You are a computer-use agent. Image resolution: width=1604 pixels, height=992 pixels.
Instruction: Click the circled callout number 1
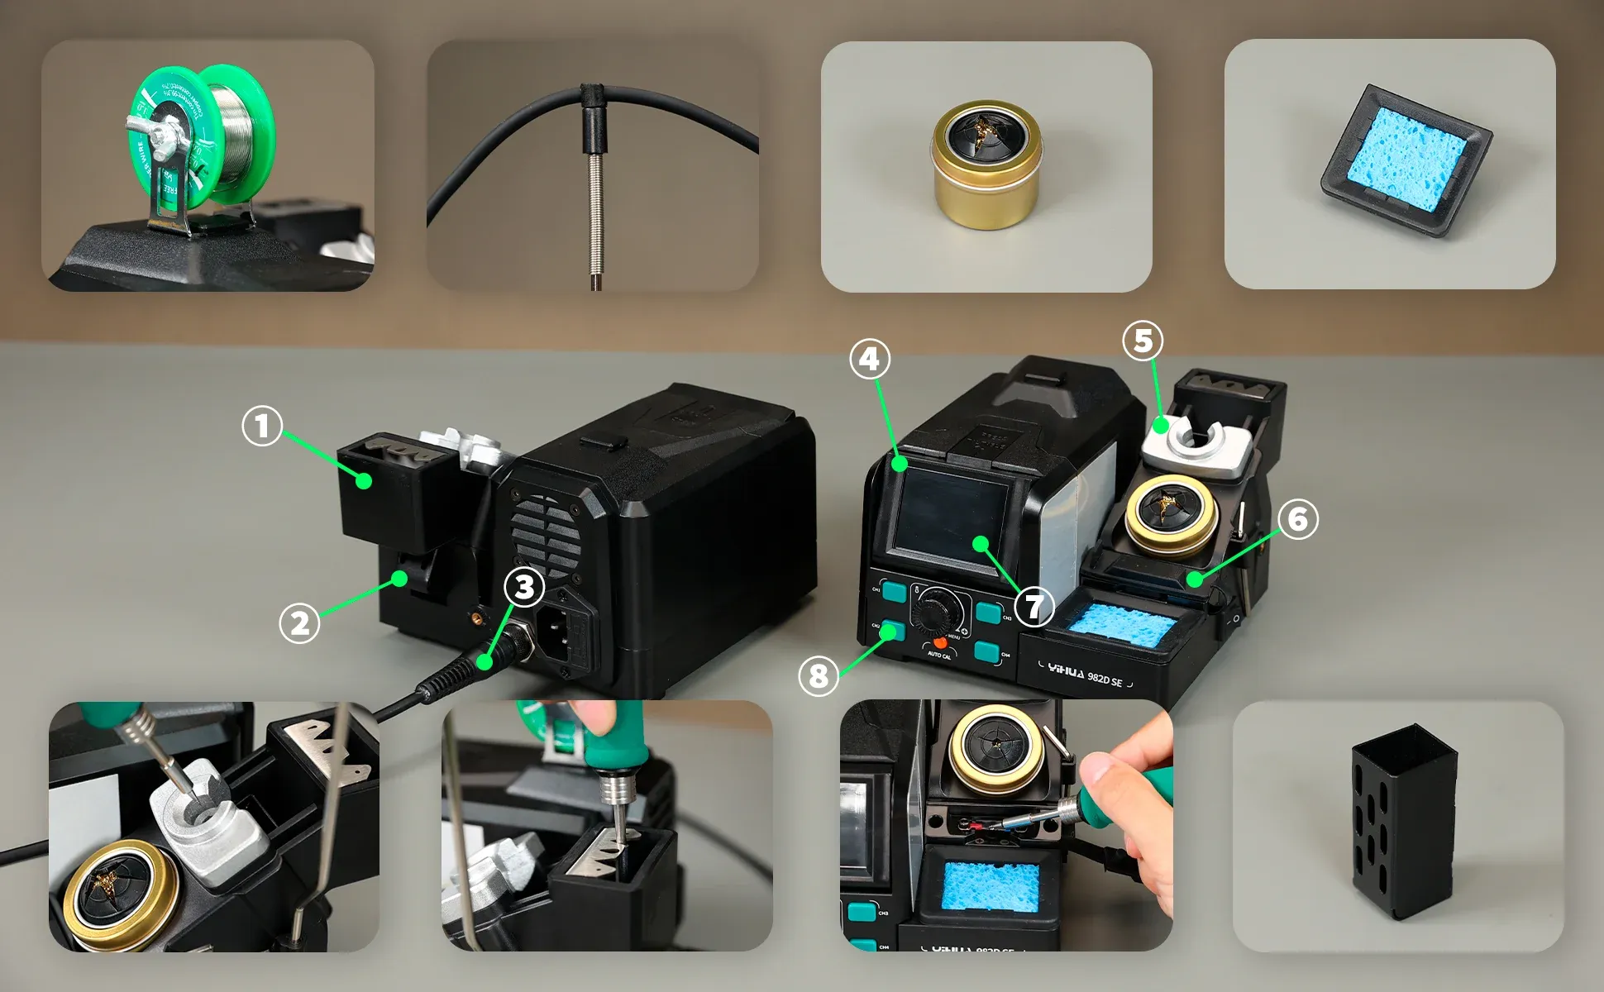(262, 426)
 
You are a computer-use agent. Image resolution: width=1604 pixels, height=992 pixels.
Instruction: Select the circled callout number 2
(299, 622)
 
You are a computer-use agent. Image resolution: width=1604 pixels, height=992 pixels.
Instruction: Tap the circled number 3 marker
(524, 587)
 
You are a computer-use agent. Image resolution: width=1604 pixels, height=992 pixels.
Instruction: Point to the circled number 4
(870, 359)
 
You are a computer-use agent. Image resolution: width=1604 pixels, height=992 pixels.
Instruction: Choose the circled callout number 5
(1143, 340)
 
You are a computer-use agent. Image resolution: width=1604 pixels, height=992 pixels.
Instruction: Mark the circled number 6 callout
(1297, 518)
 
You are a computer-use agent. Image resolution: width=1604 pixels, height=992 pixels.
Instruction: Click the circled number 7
(1034, 606)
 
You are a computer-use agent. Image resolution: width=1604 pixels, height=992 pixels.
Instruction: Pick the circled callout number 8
(818, 675)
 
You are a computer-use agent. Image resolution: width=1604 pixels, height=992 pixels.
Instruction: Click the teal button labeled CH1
(893, 591)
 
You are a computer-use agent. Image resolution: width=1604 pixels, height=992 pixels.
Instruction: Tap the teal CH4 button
(986, 651)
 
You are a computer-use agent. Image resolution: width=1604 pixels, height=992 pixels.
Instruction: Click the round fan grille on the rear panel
(544, 535)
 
